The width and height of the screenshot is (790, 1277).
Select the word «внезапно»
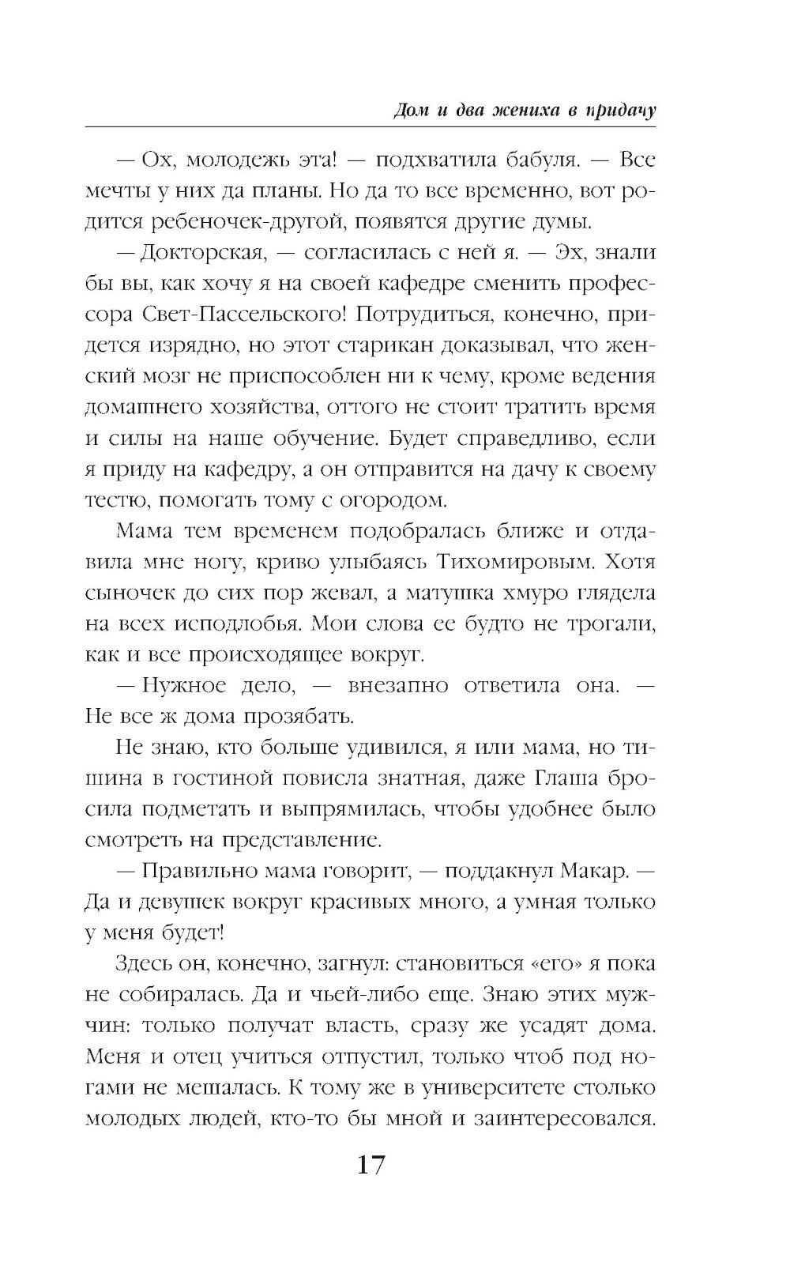point(396,685)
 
